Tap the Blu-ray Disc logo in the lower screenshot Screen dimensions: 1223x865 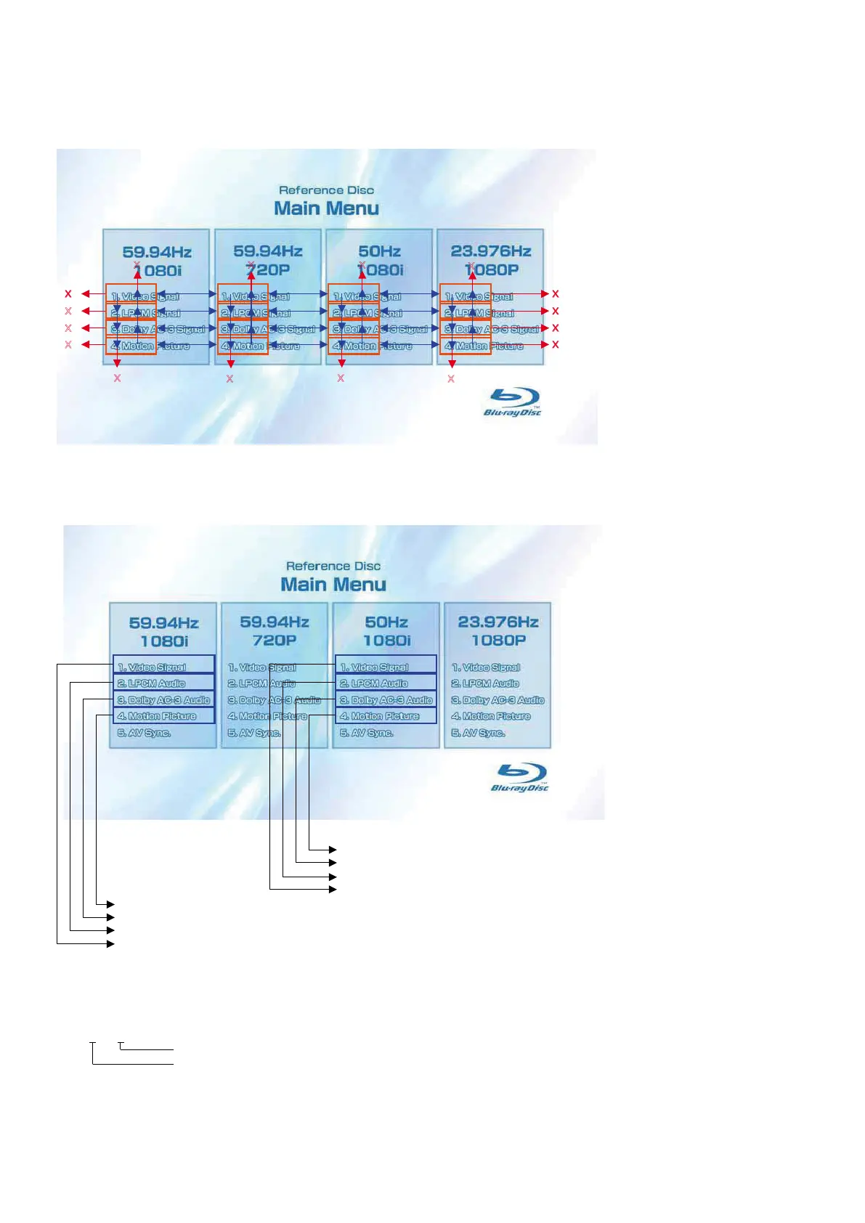(x=520, y=778)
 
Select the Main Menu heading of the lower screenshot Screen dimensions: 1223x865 (x=333, y=585)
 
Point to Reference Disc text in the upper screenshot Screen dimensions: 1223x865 (x=326, y=190)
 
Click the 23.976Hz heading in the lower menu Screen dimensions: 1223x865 (x=498, y=622)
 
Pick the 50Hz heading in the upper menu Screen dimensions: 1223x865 (x=379, y=251)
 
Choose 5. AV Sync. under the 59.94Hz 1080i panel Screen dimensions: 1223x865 (x=145, y=733)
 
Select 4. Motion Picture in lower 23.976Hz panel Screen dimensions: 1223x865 (x=491, y=716)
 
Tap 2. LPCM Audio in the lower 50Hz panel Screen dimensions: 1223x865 (x=375, y=683)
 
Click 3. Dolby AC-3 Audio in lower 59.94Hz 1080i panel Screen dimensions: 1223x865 (x=164, y=700)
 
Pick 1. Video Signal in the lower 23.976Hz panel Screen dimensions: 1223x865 (x=486, y=667)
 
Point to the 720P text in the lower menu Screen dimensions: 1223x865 (x=275, y=640)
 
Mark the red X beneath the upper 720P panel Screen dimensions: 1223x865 (x=230, y=378)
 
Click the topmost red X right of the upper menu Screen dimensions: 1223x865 (x=556, y=294)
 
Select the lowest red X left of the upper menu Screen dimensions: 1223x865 (x=68, y=344)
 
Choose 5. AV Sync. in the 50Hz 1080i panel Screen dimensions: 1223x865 (x=367, y=733)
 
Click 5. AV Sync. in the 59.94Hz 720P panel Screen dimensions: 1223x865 (x=255, y=733)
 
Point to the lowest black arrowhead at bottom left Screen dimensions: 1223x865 (x=110, y=943)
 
